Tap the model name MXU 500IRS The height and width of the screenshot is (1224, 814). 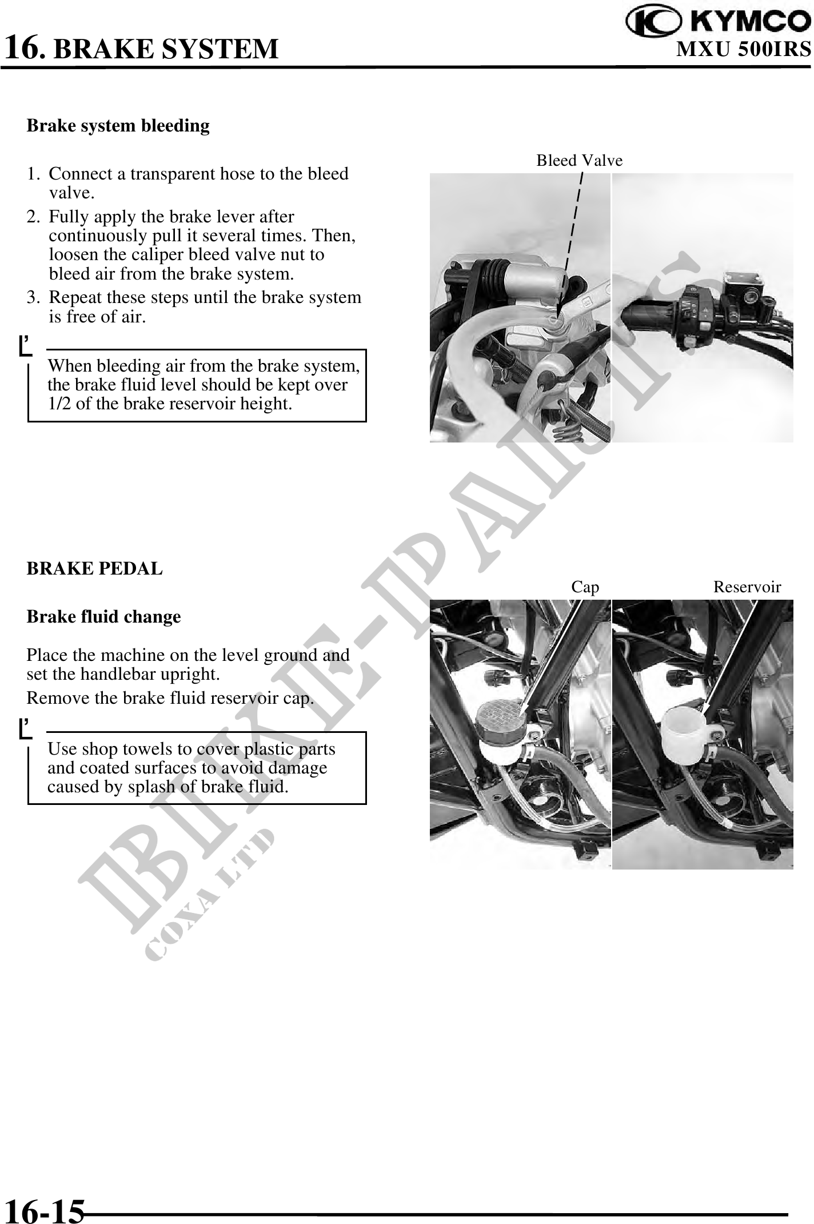pos(744,49)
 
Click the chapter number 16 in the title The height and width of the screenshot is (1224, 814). pos(23,47)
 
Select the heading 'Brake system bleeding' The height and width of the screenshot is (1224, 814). pos(118,125)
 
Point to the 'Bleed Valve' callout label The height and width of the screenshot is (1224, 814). pos(579,161)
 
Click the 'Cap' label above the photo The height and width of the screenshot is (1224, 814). pos(585,587)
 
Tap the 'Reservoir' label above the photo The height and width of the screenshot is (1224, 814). pos(747,587)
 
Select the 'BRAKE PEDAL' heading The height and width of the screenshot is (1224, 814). pos(95,569)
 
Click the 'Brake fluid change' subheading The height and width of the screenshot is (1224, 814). pos(103,617)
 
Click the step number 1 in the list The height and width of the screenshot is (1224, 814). pos(32,174)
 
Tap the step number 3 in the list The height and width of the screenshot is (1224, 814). pos(33,297)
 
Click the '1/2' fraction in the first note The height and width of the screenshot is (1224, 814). pos(59,404)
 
